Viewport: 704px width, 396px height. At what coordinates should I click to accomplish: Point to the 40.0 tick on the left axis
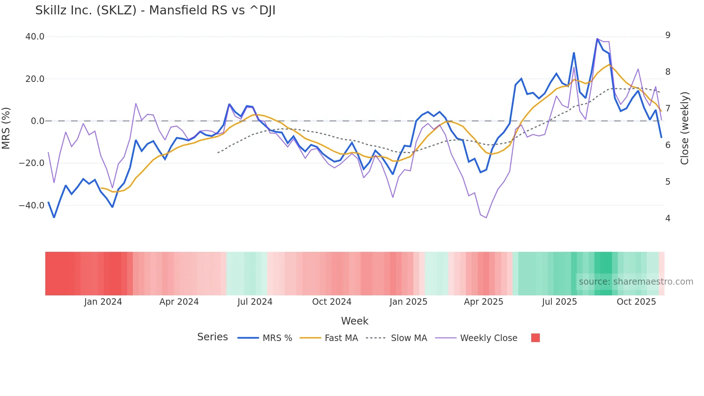coord(35,37)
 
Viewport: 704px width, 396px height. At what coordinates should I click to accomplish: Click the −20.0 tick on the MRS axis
coord(32,163)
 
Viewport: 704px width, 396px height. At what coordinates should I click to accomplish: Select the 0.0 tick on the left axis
coord(37,121)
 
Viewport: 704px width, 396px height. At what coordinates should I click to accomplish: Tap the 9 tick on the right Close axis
coord(668,35)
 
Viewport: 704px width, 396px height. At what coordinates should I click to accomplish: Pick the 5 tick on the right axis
coord(668,182)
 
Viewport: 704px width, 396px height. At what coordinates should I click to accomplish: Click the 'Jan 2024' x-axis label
coord(103,302)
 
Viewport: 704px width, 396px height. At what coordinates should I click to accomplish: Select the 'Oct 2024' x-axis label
coord(332,302)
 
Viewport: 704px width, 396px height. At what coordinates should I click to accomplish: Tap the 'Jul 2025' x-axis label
coord(559,302)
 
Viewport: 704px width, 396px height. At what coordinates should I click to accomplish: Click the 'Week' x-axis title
coord(355,321)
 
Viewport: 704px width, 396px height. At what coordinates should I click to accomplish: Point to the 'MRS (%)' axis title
coord(6,128)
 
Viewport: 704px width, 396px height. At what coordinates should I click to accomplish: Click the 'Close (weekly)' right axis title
coord(685,128)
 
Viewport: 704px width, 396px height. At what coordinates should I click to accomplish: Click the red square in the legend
coord(535,338)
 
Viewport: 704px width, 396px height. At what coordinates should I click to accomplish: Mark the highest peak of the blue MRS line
coord(597,39)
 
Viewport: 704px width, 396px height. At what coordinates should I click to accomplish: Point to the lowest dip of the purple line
coord(486,218)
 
